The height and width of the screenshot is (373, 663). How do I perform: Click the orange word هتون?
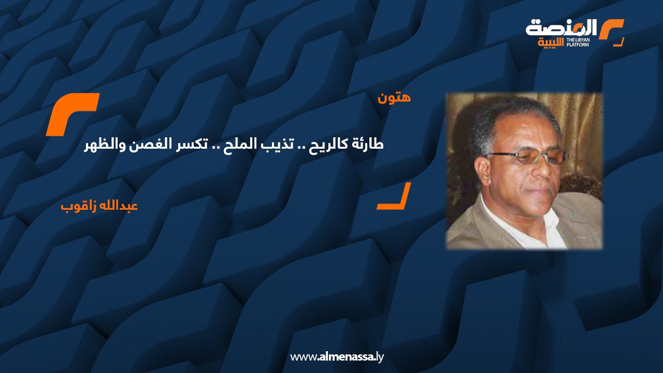pyautogui.click(x=394, y=98)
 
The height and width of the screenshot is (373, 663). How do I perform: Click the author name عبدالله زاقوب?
pyautogui.click(x=99, y=206)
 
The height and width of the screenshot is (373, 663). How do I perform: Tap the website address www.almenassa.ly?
pyautogui.click(x=337, y=357)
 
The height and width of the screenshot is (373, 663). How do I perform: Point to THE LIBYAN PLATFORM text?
pyautogui.click(x=578, y=42)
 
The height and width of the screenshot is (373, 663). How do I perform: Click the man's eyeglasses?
pyautogui.click(x=527, y=156)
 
